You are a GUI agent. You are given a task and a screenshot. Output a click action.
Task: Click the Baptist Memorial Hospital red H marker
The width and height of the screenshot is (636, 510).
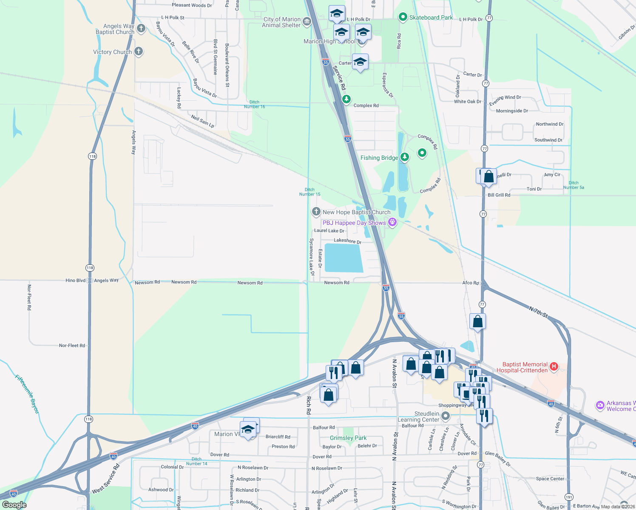(x=554, y=366)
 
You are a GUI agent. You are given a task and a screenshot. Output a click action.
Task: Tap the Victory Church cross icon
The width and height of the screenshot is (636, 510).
(x=138, y=51)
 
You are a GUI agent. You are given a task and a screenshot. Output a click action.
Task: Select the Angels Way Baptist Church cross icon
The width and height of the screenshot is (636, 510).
(x=141, y=28)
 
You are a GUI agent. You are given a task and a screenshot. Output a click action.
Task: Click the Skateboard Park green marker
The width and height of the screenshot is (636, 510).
(x=403, y=17)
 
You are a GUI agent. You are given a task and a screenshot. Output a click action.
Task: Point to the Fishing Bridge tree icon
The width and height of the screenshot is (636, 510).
(x=405, y=157)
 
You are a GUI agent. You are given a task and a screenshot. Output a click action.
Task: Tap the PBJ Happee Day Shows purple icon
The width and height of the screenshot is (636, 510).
(x=392, y=222)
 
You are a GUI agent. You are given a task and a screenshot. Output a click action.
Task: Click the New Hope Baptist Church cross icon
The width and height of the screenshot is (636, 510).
(x=316, y=211)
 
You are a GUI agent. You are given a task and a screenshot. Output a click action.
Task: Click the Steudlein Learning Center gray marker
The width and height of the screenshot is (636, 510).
(x=445, y=416)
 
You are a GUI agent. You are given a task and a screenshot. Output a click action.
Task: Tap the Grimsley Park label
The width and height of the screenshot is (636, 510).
(x=348, y=438)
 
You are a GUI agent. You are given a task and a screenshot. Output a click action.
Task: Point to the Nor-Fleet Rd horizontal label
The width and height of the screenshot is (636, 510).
(x=72, y=346)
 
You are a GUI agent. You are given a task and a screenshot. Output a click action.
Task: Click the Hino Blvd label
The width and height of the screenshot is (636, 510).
(x=76, y=280)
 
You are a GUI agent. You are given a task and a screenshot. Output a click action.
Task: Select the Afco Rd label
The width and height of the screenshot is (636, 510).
(x=470, y=283)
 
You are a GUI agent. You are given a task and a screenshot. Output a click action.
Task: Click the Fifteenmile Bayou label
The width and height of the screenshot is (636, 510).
(x=27, y=394)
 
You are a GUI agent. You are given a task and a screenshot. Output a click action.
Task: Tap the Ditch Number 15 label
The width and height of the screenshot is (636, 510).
(x=309, y=192)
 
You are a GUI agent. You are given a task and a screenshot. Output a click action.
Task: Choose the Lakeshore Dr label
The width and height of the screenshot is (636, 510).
(x=347, y=241)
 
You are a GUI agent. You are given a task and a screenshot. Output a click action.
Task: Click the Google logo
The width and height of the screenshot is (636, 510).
(x=14, y=505)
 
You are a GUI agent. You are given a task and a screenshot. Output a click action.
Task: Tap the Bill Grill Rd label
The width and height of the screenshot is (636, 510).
(x=499, y=195)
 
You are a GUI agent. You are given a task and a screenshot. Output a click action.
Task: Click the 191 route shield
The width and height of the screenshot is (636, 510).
(x=569, y=497)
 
